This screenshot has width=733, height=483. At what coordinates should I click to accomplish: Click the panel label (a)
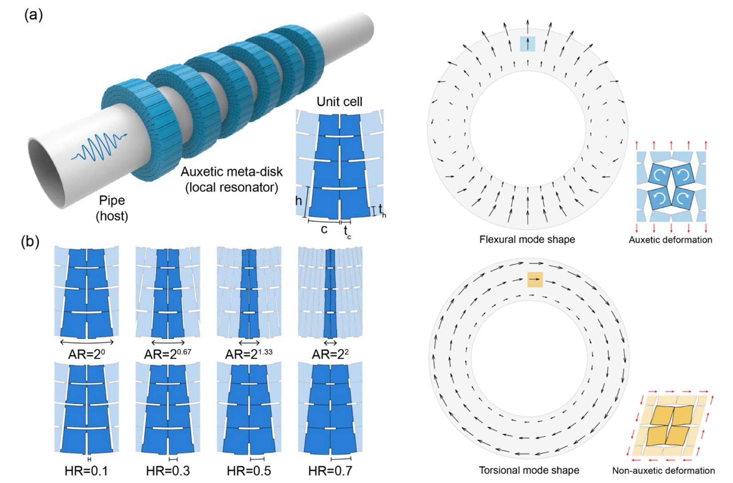click(33, 15)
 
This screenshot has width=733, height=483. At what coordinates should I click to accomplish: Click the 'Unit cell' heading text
click(339, 102)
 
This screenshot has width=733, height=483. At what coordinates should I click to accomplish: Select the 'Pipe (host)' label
click(112, 208)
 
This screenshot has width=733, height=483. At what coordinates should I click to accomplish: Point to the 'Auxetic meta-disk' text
click(232, 172)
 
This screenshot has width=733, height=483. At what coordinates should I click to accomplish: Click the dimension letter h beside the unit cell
click(298, 200)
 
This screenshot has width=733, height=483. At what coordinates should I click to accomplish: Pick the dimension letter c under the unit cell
click(324, 230)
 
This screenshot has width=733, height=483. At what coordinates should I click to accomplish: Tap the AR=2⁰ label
click(86, 354)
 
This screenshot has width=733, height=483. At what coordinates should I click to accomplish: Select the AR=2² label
click(330, 354)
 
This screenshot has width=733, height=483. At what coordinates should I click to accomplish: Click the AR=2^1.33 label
click(249, 354)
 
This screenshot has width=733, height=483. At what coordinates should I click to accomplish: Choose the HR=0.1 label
click(86, 471)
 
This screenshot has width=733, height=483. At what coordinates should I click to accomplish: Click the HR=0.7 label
click(330, 471)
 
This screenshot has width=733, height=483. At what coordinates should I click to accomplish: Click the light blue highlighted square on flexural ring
click(528, 44)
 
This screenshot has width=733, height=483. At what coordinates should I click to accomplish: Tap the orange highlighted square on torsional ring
click(535, 280)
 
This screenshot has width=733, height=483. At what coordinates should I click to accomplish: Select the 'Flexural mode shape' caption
click(527, 240)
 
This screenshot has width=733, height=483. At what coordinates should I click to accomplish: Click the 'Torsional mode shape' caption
click(529, 471)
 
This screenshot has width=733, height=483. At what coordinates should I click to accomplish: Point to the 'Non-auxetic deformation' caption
click(664, 471)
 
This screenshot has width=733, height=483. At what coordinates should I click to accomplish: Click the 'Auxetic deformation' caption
click(670, 240)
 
